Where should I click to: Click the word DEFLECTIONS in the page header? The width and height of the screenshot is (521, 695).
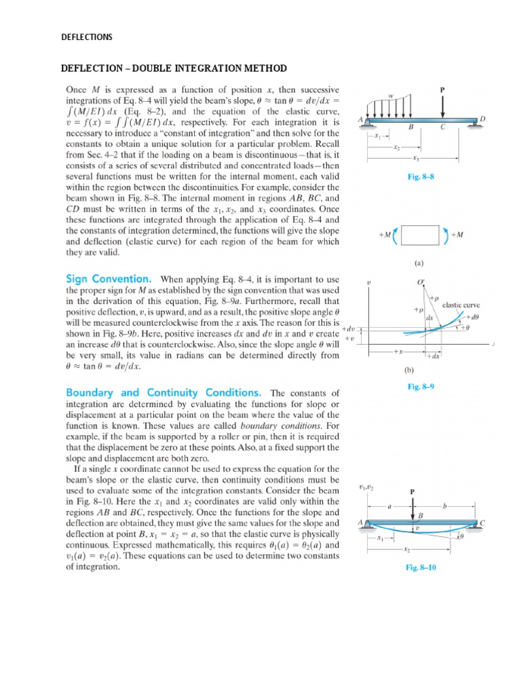pyautogui.click(x=88, y=37)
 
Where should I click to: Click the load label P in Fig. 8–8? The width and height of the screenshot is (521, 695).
pyautogui.click(x=442, y=88)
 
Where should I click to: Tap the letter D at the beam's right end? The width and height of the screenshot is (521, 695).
pyautogui.click(x=482, y=119)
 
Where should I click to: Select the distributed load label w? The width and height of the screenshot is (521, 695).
pyautogui.click(x=391, y=96)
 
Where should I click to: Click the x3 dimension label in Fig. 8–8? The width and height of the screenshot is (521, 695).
pyautogui.click(x=415, y=159)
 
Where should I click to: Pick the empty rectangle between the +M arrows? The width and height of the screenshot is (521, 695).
pyautogui.click(x=421, y=235)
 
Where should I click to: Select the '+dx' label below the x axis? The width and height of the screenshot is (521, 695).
pyautogui.click(x=431, y=356)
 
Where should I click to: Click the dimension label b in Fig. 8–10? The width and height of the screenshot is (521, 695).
pyautogui.click(x=444, y=506)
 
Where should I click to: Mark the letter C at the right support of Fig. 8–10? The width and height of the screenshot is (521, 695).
pyautogui.click(x=482, y=523)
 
